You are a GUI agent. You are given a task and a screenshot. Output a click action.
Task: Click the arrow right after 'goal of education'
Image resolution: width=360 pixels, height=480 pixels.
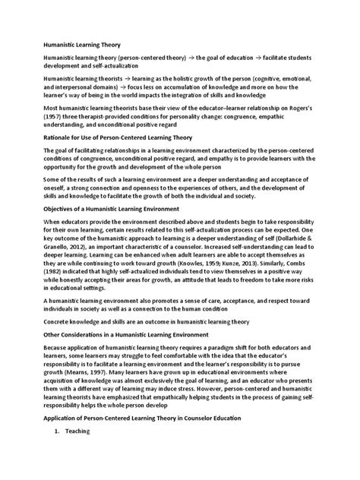point(258,60)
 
